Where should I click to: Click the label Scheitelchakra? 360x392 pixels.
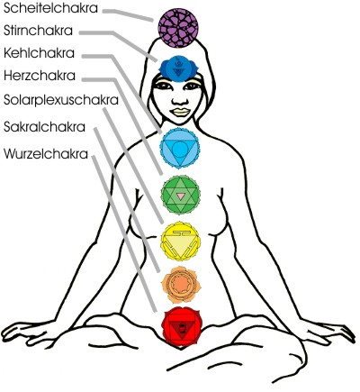click(50, 8)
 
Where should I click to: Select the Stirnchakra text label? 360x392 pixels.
click(38, 31)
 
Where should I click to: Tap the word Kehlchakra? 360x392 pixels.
click(39, 53)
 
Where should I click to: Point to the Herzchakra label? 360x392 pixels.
click(40, 76)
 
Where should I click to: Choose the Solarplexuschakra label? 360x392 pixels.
click(61, 100)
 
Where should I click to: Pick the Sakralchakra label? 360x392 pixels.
click(44, 127)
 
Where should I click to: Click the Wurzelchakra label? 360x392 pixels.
click(46, 154)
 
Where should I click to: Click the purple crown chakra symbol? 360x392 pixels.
click(178, 28)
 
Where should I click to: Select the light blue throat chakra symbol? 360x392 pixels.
click(180, 148)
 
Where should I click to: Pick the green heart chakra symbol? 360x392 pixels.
click(180, 195)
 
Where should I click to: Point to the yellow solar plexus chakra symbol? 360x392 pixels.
click(180, 242)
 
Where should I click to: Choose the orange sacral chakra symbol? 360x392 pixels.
click(181, 285)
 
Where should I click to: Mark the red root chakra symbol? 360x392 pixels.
click(181, 327)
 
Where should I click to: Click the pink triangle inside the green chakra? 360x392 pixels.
click(180, 196)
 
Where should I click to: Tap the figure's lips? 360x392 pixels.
click(179, 112)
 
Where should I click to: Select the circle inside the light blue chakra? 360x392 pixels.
click(180, 150)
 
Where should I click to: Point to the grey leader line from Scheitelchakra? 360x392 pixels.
click(128, 15)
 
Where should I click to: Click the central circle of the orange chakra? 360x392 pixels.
click(180, 284)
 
